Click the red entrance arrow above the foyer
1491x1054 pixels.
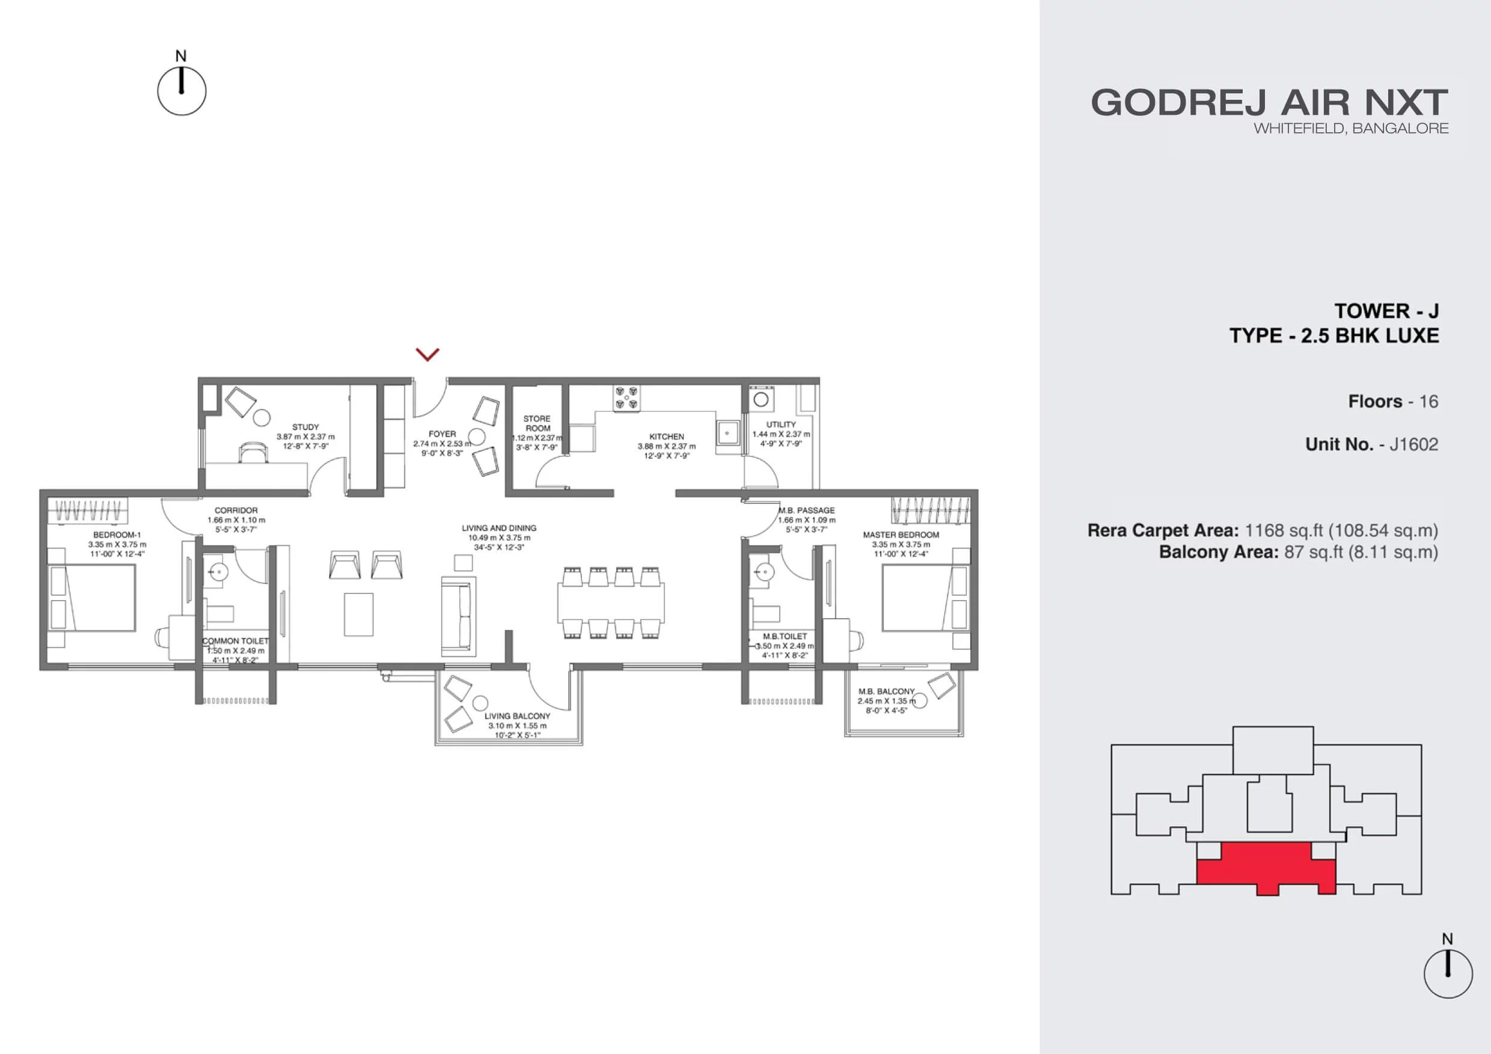427,354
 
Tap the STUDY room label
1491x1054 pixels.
305,427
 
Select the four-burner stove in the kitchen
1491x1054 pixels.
626,397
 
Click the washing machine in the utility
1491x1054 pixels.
761,399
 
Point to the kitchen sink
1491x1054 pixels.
728,432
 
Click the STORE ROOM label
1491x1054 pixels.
537,423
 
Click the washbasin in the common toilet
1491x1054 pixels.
218,572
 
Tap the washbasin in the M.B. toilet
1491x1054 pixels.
762,572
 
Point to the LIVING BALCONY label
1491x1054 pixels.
518,715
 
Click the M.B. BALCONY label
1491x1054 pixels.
886,691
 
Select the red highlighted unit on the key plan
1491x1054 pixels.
1266,868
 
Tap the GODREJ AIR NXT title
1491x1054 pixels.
1269,103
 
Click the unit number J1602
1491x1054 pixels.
1413,444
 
